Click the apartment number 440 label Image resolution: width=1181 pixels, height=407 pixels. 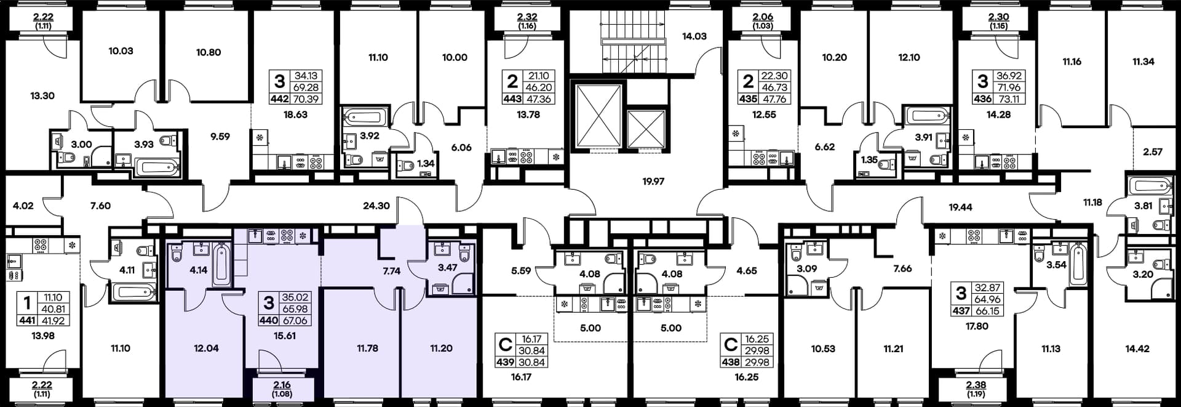pyautogui.click(x=269, y=320)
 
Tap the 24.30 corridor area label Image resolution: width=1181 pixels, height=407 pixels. pyautogui.click(x=376, y=206)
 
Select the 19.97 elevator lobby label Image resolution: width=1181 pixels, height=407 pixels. pyautogui.click(x=653, y=182)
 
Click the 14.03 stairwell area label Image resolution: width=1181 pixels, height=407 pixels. pyautogui.click(x=694, y=36)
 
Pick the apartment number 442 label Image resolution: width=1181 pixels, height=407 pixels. pyautogui.click(x=280, y=99)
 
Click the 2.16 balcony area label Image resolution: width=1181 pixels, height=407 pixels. pyautogui.click(x=282, y=385)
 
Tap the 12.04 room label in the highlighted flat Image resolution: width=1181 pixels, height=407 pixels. pyautogui.click(x=206, y=348)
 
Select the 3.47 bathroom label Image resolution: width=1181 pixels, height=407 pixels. pyautogui.click(x=447, y=267)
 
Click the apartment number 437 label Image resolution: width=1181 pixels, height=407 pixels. pyautogui.click(x=961, y=311)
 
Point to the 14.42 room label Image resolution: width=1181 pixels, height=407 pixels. pyautogui.click(x=1137, y=349)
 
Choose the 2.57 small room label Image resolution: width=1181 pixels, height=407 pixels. pyautogui.click(x=1153, y=151)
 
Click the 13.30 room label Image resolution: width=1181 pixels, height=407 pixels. pyautogui.click(x=42, y=95)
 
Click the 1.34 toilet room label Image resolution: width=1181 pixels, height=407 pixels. pyautogui.click(x=426, y=164)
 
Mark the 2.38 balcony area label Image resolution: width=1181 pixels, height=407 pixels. pyautogui.click(x=976, y=385)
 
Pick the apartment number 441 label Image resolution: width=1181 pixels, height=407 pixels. pyautogui.click(x=27, y=320)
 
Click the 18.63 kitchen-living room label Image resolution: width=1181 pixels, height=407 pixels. pyautogui.click(x=295, y=115)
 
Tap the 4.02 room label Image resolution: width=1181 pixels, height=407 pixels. pyautogui.click(x=23, y=206)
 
